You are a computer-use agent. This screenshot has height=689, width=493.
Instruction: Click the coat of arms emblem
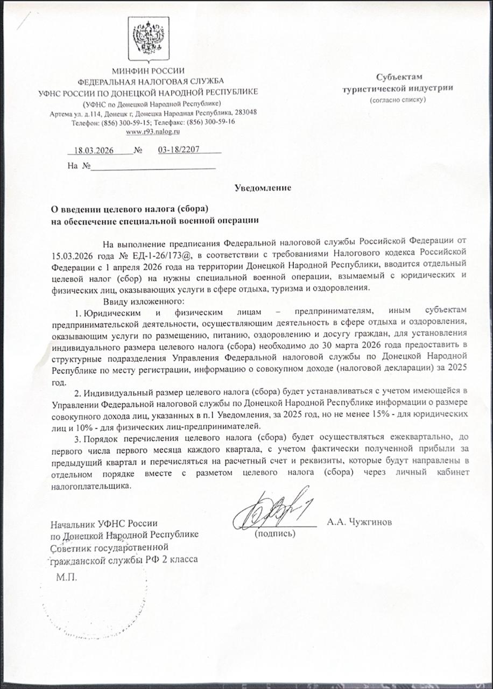pyautogui.click(x=148, y=39)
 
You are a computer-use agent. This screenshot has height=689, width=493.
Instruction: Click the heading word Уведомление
pyautogui.click(x=263, y=188)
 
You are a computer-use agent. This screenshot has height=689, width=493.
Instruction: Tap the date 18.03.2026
pyautogui.click(x=94, y=151)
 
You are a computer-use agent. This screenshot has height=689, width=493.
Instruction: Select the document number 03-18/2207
pyautogui.click(x=179, y=150)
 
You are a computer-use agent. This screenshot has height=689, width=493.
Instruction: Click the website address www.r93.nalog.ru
pyautogui.click(x=152, y=131)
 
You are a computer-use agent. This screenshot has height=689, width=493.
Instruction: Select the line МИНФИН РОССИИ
pyautogui.click(x=148, y=71)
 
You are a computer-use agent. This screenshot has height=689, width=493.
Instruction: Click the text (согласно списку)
pyautogui.click(x=397, y=100)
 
